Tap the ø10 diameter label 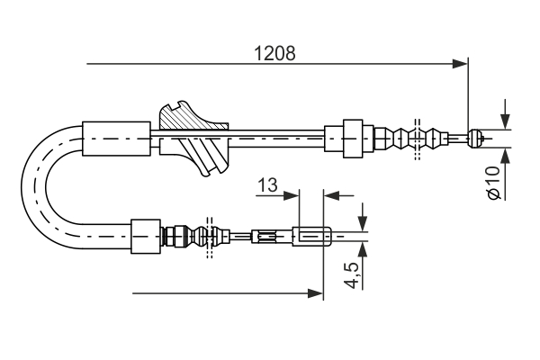click(492, 182)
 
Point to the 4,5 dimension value click(352, 274)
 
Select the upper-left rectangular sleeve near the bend click(116, 139)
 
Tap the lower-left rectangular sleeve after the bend click(146, 237)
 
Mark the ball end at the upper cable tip click(480, 139)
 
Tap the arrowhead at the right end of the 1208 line click(462, 64)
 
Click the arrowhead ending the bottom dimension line click(316, 292)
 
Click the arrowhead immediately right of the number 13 click(290, 193)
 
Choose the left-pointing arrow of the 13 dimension click(330, 193)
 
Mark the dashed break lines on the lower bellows click(210, 238)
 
